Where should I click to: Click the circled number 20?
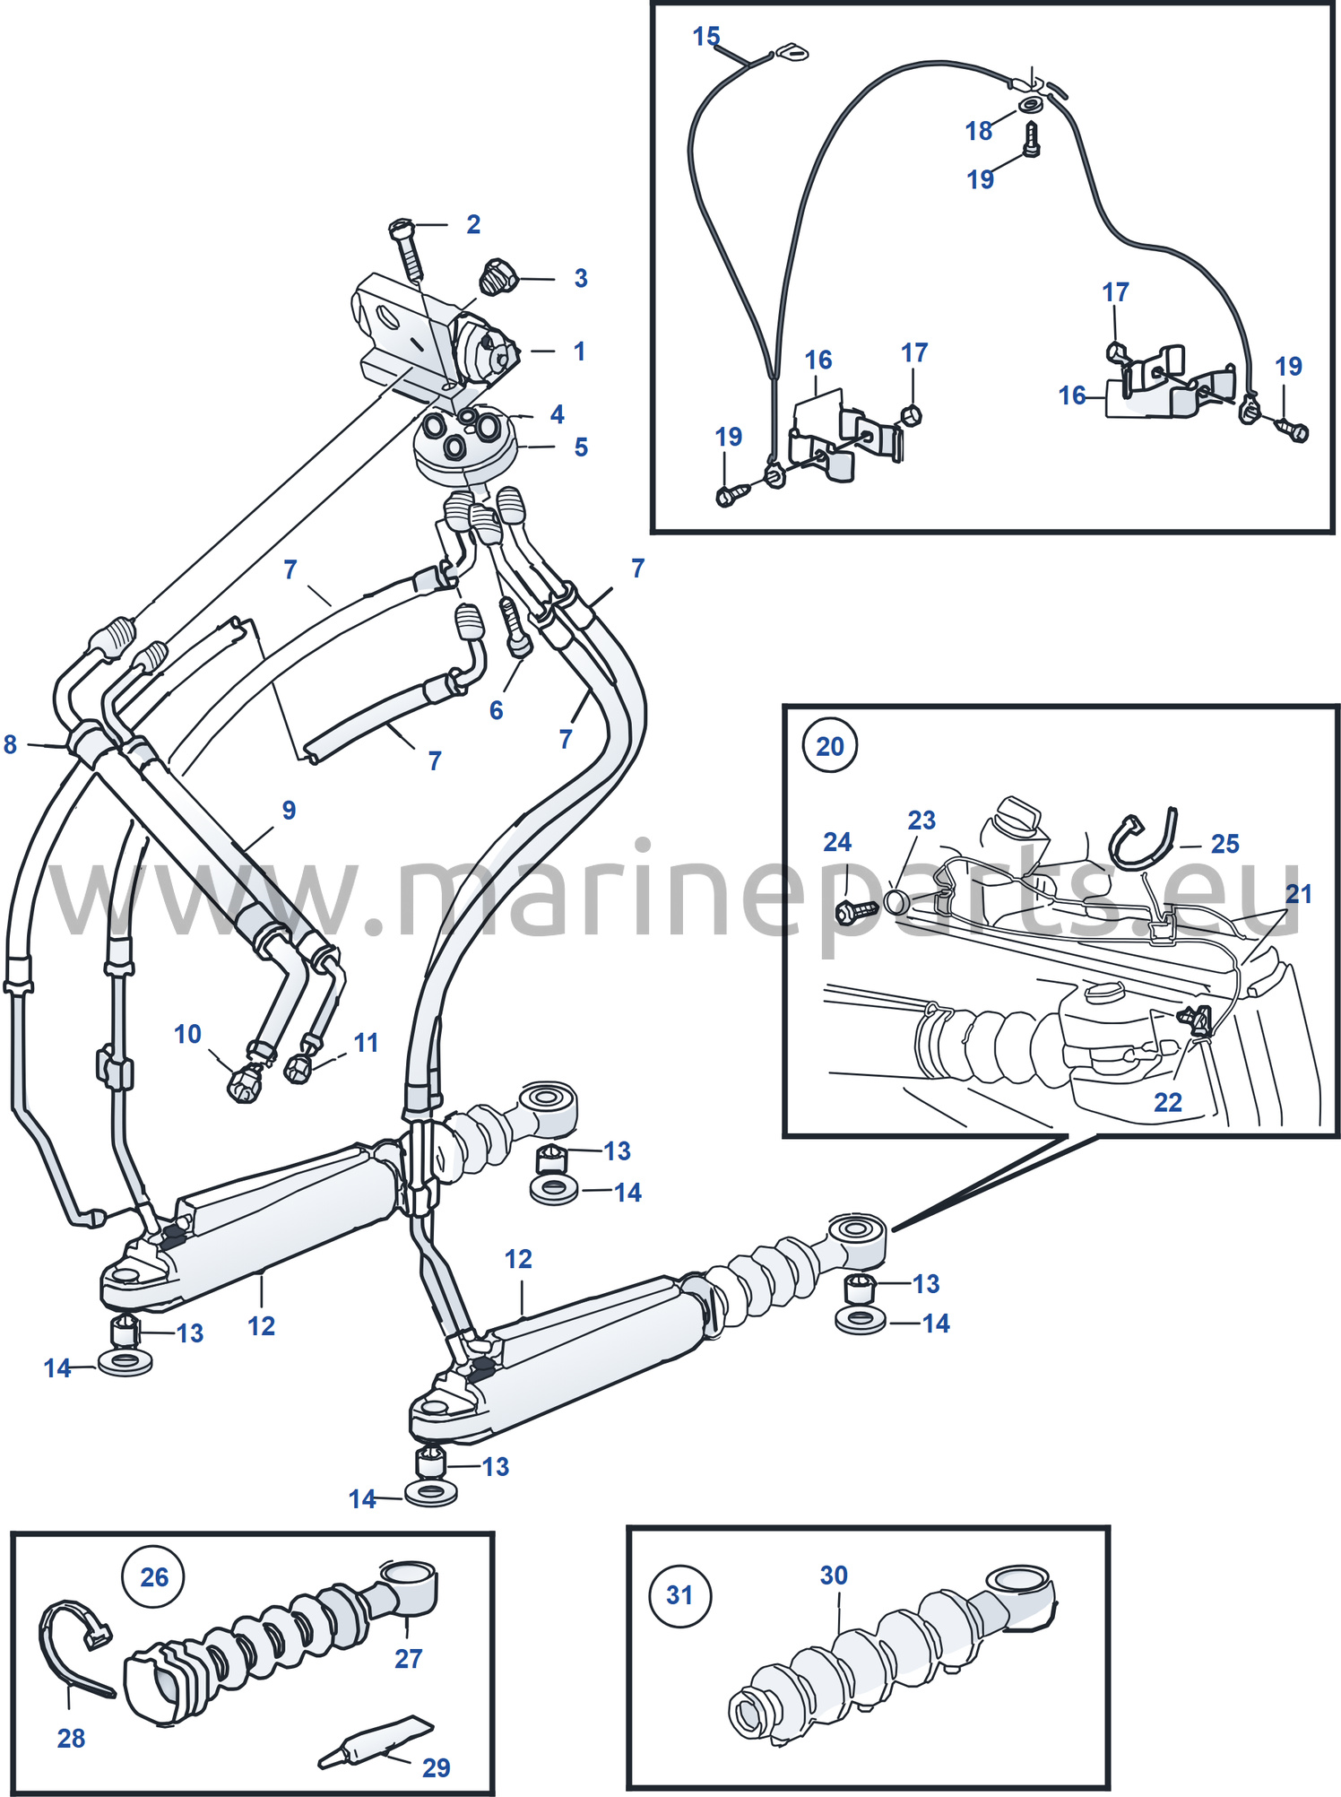830,745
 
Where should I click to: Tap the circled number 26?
153,1576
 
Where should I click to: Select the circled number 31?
679,1594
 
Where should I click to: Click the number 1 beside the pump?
579,351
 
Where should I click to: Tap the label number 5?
581,447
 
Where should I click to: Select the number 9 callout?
289,810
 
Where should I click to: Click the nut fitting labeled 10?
243,1084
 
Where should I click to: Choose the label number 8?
10,744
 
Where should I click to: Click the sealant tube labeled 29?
375,1742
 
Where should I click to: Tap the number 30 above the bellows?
834,1575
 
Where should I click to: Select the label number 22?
1167,1101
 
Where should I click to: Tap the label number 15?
706,36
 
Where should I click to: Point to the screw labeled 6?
515,627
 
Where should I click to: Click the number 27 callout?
408,1658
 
